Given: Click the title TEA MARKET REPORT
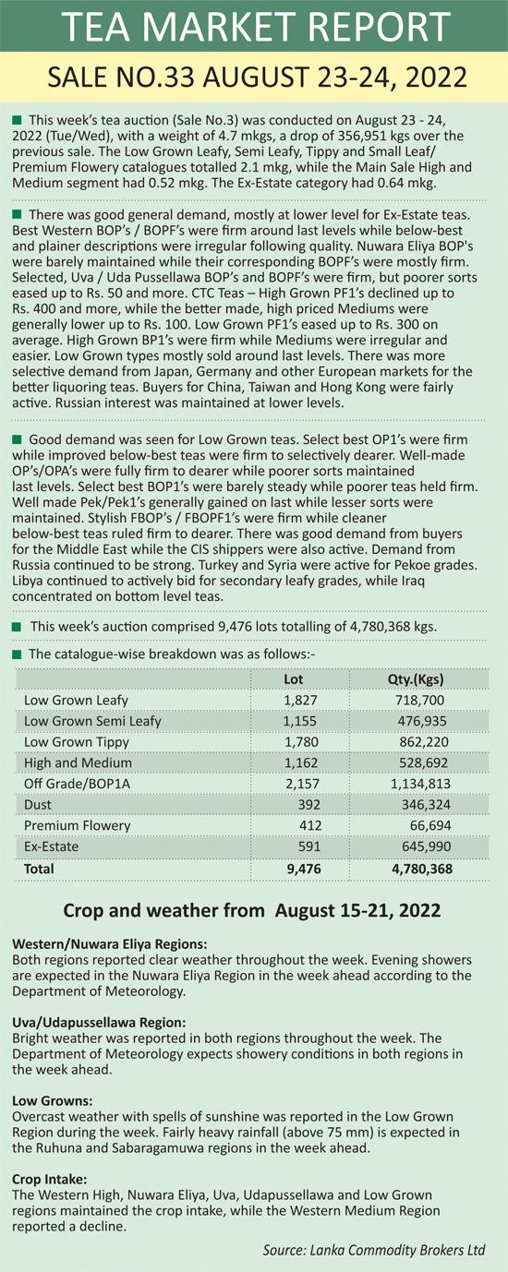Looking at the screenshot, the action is pyautogui.click(x=256, y=26).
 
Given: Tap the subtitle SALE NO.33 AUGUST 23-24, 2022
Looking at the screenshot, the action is pyautogui.click(x=257, y=78).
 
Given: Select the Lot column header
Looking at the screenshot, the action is pyautogui.click(x=293, y=679).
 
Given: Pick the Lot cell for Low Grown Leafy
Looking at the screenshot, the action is pyautogui.click(x=300, y=701).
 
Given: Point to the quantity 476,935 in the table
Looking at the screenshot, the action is pyautogui.click(x=422, y=721).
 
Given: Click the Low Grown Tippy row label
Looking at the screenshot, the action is pyautogui.click(x=76, y=742).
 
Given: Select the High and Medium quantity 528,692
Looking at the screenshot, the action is pyautogui.click(x=423, y=762).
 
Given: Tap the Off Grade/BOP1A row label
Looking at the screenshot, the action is pyautogui.click(x=77, y=784).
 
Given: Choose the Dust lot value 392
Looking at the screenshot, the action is pyautogui.click(x=309, y=805).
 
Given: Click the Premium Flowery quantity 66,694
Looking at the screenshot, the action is pyautogui.click(x=430, y=825).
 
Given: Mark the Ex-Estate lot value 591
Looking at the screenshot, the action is pyautogui.click(x=309, y=846).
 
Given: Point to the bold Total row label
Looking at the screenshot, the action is pyautogui.click(x=39, y=869).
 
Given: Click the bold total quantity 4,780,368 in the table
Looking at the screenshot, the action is pyautogui.click(x=422, y=869).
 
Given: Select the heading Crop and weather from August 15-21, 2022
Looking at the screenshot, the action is pyautogui.click(x=252, y=911).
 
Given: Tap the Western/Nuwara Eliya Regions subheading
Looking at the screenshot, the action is pyautogui.click(x=110, y=944).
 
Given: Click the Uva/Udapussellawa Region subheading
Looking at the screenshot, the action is pyautogui.click(x=99, y=1023).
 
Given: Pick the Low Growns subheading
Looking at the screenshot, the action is pyautogui.click(x=53, y=1101).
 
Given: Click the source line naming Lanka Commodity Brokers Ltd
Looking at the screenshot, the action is pyautogui.click(x=374, y=1250).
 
